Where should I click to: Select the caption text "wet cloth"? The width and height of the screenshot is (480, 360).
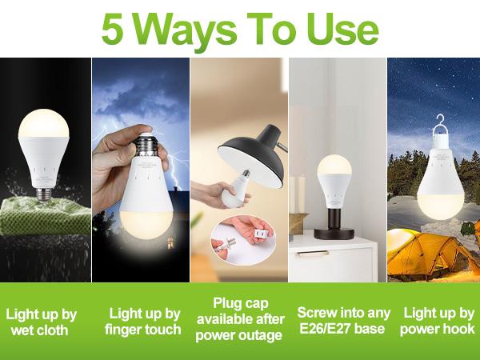click(41, 329)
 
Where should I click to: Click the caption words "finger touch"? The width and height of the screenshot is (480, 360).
click(144, 329)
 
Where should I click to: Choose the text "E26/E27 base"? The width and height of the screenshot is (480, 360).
click(339, 329)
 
